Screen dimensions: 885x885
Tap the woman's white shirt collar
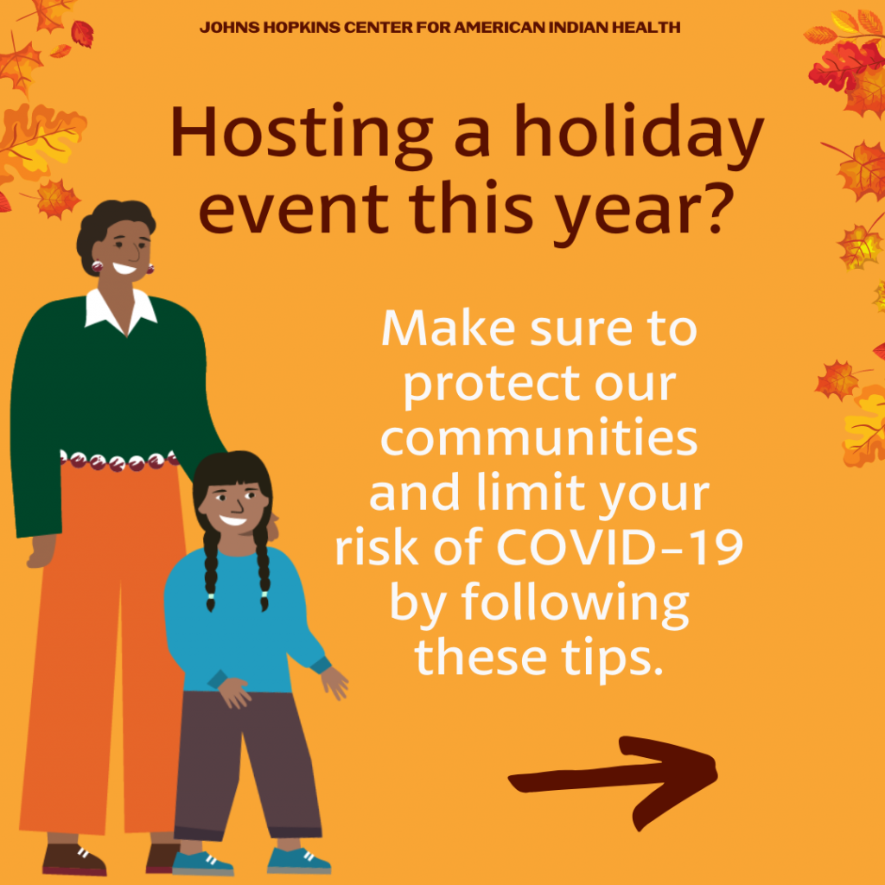tap(120, 311)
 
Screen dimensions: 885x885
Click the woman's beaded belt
tap(118, 460)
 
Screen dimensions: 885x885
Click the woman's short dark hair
tap(113, 226)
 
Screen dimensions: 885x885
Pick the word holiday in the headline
tap(639, 136)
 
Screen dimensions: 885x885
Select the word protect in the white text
tap(492, 385)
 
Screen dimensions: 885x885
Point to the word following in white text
tap(575, 604)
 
